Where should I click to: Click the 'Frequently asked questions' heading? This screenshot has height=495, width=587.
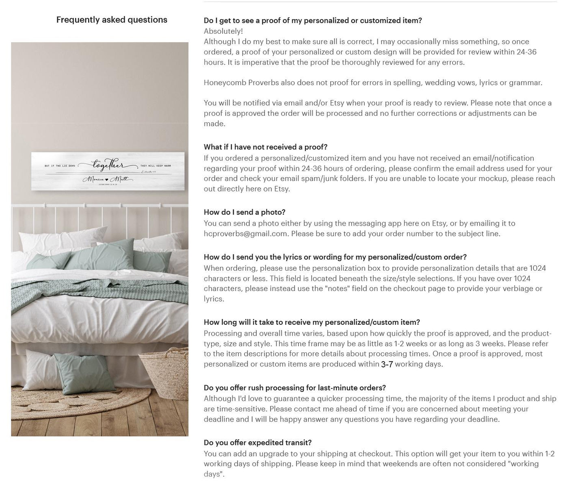click(112, 20)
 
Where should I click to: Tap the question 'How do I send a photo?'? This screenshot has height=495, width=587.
click(245, 212)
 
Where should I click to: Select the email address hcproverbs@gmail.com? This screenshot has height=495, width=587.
click(245, 234)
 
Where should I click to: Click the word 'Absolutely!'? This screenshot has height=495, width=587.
click(223, 31)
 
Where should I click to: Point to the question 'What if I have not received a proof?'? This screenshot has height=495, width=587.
click(265, 147)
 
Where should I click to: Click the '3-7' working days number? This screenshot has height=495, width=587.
click(387, 364)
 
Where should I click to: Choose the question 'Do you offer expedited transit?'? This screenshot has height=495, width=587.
click(258, 443)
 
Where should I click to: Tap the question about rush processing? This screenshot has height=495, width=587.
click(295, 388)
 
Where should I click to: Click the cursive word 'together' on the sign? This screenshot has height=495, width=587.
click(108, 165)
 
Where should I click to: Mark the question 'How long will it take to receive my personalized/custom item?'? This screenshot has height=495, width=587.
click(312, 322)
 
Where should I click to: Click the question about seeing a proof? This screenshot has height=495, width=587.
click(313, 21)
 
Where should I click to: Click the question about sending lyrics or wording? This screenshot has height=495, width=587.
click(335, 257)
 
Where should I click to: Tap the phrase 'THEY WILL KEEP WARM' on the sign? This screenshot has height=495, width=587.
click(156, 166)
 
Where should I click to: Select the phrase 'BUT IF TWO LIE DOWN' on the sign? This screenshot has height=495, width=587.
click(60, 166)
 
